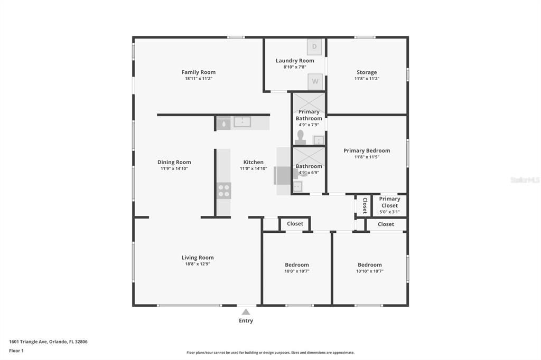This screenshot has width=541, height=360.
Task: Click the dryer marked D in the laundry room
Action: pyautogui.click(x=314, y=47)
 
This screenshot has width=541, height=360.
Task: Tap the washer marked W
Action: pyautogui.click(x=315, y=81)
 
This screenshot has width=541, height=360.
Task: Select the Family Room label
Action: pyautogui.click(x=199, y=72)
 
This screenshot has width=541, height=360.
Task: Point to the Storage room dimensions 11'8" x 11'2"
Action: pyautogui.click(x=367, y=79)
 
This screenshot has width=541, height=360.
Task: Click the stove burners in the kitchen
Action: pyautogui.click(x=224, y=191)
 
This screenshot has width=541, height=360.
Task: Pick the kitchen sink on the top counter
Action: pyautogui.click(x=242, y=122)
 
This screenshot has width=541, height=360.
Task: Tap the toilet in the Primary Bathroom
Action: pyautogui.click(x=301, y=137)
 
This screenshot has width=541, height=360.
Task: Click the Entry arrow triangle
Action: pyautogui.click(x=246, y=312)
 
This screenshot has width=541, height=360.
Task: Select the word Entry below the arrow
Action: pyautogui.click(x=246, y=321)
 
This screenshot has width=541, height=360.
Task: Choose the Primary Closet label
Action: pyautogui.click(x=389, y=202)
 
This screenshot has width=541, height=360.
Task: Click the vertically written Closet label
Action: pyautogui.click(x=365, y=205)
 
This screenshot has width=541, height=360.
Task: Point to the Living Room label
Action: pyautogui.click(x=198, y=258)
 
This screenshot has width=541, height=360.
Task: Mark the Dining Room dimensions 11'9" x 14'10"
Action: pyautogui.click(x=174, y=168)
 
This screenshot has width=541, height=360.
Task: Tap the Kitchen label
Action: pyautogui.click(x=253, y=162)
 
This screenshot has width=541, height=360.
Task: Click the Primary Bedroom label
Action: pyautogui.click(x=367, y=150)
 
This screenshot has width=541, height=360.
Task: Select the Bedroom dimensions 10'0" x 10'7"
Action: pyautogui.click(x=297, y=271)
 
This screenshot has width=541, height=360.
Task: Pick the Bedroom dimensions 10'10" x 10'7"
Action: pyautogui.click(x=370, y=271)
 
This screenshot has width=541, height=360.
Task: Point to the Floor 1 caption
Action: pyautogui.click(x=16, y=350)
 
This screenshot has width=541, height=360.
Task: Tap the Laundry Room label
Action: pyautogui.click(x=295, y=61)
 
